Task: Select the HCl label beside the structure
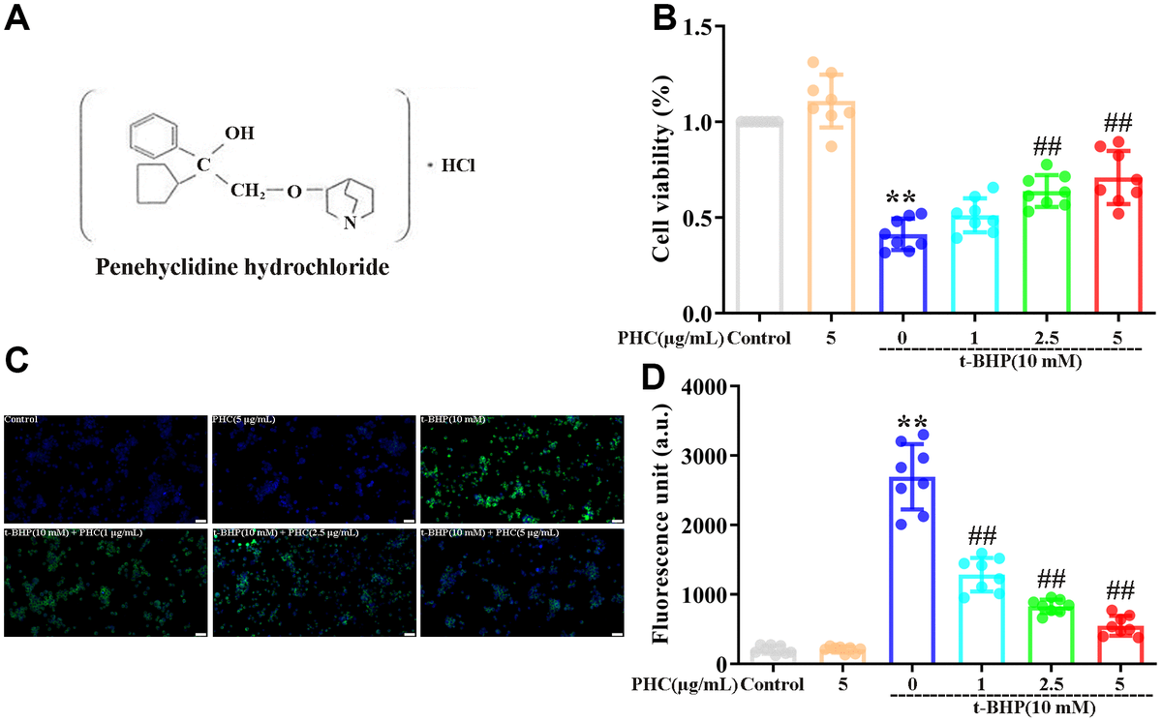[458, 166]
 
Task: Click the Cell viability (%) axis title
[662, 170]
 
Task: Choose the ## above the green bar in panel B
[1048, 147]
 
